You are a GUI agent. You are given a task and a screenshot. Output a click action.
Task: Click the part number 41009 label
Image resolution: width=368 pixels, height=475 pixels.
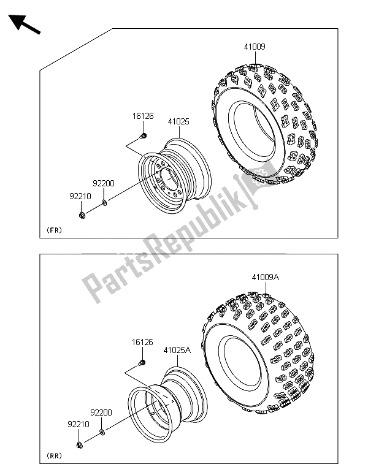click(255, 47)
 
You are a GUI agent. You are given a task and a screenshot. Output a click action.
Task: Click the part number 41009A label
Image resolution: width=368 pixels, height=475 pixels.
click(265, 277)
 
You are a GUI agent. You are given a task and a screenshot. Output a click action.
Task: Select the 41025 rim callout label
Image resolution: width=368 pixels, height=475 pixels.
click(178, 122)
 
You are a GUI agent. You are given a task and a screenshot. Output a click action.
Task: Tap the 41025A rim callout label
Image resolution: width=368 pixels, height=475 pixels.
click(177, 351)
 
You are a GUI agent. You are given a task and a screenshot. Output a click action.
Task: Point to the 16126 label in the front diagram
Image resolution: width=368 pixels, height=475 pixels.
click(143, 116)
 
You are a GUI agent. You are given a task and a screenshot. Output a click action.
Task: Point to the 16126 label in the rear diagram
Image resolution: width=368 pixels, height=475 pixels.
click(142, 343)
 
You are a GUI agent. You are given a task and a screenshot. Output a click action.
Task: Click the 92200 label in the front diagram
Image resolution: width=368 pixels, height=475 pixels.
click(104, 184)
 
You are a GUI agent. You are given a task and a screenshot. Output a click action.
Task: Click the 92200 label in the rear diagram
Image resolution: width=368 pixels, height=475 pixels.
click(101, 412)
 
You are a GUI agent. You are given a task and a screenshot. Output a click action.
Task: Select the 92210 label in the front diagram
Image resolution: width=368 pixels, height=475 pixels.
click(80, 197)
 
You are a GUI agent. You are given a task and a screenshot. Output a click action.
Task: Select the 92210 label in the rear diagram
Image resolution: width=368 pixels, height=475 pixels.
click(79, 424)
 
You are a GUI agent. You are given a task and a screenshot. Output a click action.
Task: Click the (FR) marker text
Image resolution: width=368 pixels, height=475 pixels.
click(54, 230)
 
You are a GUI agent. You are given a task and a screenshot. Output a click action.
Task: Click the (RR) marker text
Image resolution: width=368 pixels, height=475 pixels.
click(54, 455)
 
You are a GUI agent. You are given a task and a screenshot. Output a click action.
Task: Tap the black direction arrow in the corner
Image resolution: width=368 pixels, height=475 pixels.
click(24, 25)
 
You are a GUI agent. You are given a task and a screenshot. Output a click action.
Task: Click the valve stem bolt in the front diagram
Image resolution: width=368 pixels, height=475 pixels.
click(144, 136)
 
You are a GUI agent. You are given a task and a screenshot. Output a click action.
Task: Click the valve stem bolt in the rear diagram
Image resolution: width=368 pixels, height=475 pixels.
click(142, 362)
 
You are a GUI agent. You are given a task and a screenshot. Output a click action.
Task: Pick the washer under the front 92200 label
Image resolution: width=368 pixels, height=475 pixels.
click(104, 202)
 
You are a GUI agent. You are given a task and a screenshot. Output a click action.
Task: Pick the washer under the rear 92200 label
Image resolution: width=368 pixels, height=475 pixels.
click(102, 431)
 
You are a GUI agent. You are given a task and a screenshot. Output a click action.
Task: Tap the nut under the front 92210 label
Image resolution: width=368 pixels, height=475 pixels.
click(82, 216)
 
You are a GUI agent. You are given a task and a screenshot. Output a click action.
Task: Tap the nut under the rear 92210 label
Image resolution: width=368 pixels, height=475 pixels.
click(80, 445)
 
